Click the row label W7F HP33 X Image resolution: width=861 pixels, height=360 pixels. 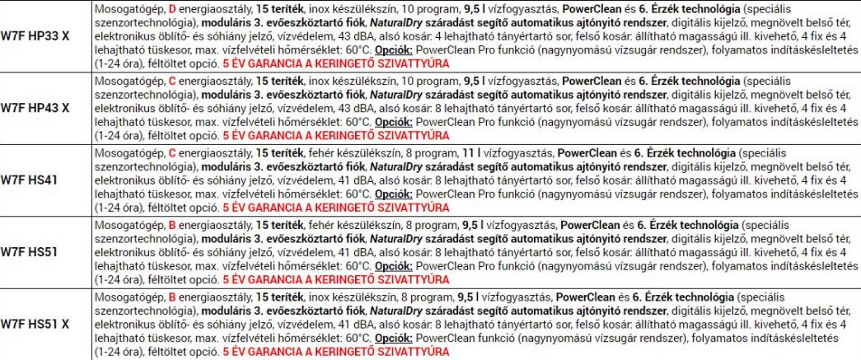[x=40, y=36]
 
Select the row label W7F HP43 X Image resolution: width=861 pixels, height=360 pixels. [x=40, y=108]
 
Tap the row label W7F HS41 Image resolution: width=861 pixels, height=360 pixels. [x=33, y=180]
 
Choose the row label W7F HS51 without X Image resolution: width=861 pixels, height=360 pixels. [x=33, y=251]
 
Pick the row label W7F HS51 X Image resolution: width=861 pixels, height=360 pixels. [x=40, y=323]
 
